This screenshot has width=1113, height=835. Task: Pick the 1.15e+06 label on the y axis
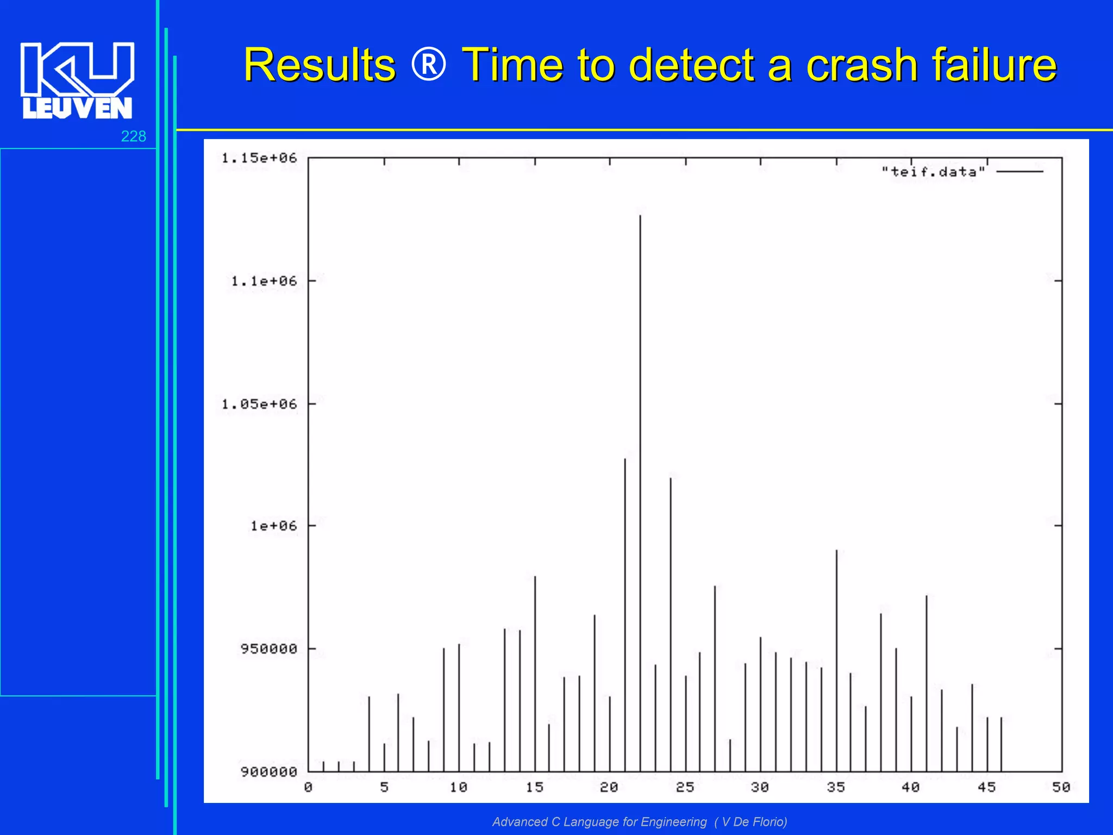tap(259, 158)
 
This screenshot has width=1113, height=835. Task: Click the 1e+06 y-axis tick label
tap(273, 526)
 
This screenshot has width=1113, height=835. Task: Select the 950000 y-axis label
tap(268, 649)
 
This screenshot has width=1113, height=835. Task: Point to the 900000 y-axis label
tap(268, 772)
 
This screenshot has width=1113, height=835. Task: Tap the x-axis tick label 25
tap(685, 787)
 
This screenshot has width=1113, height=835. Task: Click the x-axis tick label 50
tap(1061, 787)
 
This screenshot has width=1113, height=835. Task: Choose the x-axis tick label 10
tap(459, 787)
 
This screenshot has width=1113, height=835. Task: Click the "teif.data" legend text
tap(933, 172)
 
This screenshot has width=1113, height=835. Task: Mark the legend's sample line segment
tap(1020, 172)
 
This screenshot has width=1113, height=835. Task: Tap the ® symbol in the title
tap(429, 65)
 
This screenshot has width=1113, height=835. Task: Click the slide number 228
tap(133, 136)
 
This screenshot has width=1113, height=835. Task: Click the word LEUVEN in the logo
tap(77, 108)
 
